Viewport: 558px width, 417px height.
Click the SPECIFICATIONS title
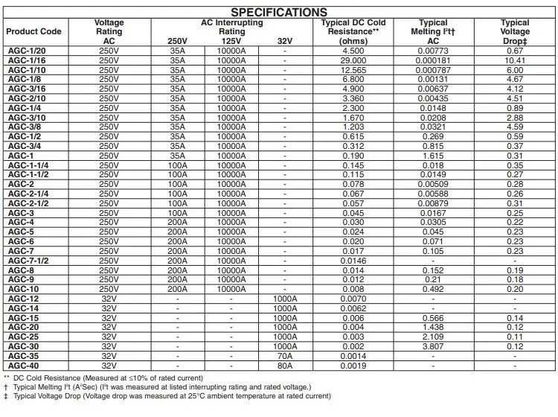click(279, 12)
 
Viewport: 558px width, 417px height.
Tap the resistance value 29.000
click(353, 60)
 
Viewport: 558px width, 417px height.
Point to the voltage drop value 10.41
click(515, 60)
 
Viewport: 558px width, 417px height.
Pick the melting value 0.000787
click(433, 69)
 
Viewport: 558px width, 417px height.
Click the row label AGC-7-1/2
click(28, 261)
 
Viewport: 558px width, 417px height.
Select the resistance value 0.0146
click(353, 261)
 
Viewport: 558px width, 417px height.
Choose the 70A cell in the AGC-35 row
click(284, 356)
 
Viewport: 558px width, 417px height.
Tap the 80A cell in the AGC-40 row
click(284, 366)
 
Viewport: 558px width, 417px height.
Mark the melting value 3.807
click(433, 346)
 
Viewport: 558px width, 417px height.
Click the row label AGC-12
click(23, 299)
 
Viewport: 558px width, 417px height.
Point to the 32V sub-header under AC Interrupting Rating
click(284, 41)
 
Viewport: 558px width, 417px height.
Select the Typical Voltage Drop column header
click(515, 32)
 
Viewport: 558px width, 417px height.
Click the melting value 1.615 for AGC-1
click(433, 155)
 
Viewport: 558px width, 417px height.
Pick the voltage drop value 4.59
click(515, 127)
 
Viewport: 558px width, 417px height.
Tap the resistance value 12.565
click(353, 69)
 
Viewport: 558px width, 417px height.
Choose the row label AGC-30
click(23, 346)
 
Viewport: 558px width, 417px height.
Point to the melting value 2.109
click(433, 337)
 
